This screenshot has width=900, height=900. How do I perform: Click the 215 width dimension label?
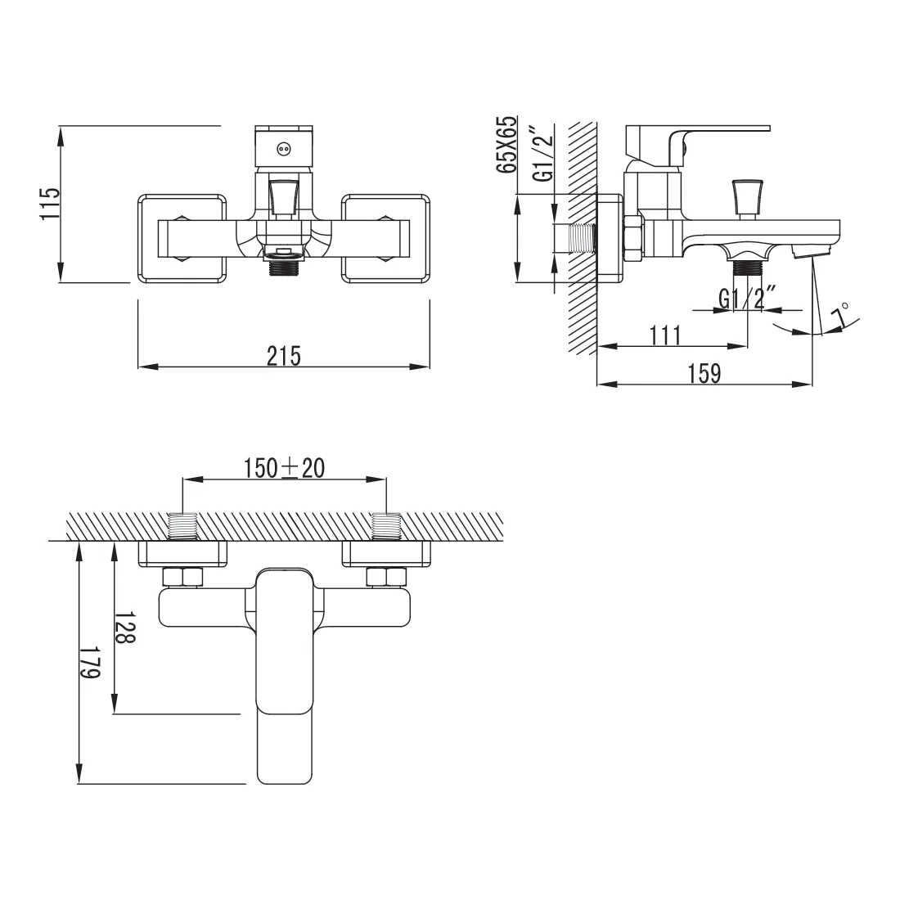click(284, 357)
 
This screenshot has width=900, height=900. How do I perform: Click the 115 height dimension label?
click(50, 203)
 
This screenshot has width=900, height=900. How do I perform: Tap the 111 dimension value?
click(665, 335)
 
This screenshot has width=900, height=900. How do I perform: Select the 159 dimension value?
click(704, 373)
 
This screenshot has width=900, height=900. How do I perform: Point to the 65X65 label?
click(506, 145)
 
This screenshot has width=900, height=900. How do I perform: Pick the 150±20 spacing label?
click(284, 468)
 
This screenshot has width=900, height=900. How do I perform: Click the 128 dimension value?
click(125, 627)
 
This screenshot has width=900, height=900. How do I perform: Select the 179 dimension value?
click(89, 663)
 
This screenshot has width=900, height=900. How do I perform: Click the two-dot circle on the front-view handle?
click(284, 149)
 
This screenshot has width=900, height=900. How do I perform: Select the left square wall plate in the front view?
click(182, 239)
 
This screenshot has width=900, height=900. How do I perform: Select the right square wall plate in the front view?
click(385, 239)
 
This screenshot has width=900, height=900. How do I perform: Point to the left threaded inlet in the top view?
click(182, 526)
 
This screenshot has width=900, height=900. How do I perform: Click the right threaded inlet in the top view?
click(386, 526)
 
